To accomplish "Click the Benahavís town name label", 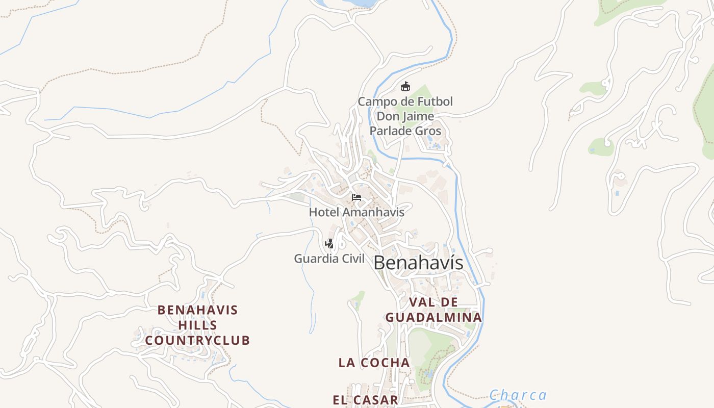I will click(x=418, y=263).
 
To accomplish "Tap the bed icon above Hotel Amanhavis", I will click(x=356, y=197).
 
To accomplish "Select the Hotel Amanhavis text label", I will click(x=356, y=212).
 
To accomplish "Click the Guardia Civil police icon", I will click(x=329, y=244).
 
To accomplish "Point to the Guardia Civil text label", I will click(x=329, y=259).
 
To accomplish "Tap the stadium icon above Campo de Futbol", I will click(x=405, y=86).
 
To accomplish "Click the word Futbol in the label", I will click(x=433, y=101).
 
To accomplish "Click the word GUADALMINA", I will click(x=433, y=317).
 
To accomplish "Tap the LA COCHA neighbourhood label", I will click(x=374, y=363).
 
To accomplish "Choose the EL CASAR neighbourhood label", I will click(x=365, y=400).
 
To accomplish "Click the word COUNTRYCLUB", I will click(x=198, y=340).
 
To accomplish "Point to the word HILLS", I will click(x=198, y=325).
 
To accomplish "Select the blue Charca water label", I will click(x=518, y=395).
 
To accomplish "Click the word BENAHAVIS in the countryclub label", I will click(x=198, y=310).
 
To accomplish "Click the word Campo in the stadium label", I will click(x=375, y=101).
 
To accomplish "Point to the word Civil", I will click(x=351, y=259).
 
